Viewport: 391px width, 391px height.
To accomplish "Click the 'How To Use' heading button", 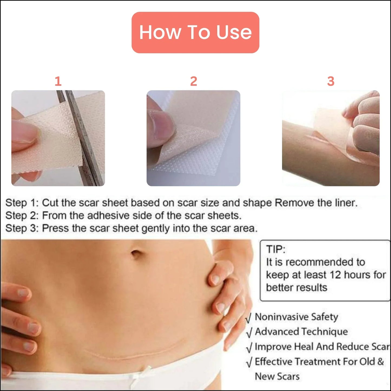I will click(195, 32).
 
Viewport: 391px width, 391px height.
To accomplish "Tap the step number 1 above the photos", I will click(58, 81).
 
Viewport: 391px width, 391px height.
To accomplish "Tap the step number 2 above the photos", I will click(193, 81).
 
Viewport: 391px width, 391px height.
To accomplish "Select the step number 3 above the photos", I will click(331, 81).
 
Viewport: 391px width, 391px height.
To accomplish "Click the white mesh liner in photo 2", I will click(206, 162).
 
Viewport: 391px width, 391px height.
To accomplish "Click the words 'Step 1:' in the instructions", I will click(22, 203).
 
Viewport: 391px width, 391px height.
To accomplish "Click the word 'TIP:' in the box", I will click(275, 249).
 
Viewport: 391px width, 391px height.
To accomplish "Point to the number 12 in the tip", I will click(335, 275).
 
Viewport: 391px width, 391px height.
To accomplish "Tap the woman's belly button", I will click(136, 254).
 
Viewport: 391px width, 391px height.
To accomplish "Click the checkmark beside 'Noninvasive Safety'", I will click(249, 318).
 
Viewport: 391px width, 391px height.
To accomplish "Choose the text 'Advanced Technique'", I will click(301, 331).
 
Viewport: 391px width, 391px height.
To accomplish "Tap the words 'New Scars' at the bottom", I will click(277, 376).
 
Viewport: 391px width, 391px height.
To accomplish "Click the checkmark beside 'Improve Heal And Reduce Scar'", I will click(249, 347).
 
